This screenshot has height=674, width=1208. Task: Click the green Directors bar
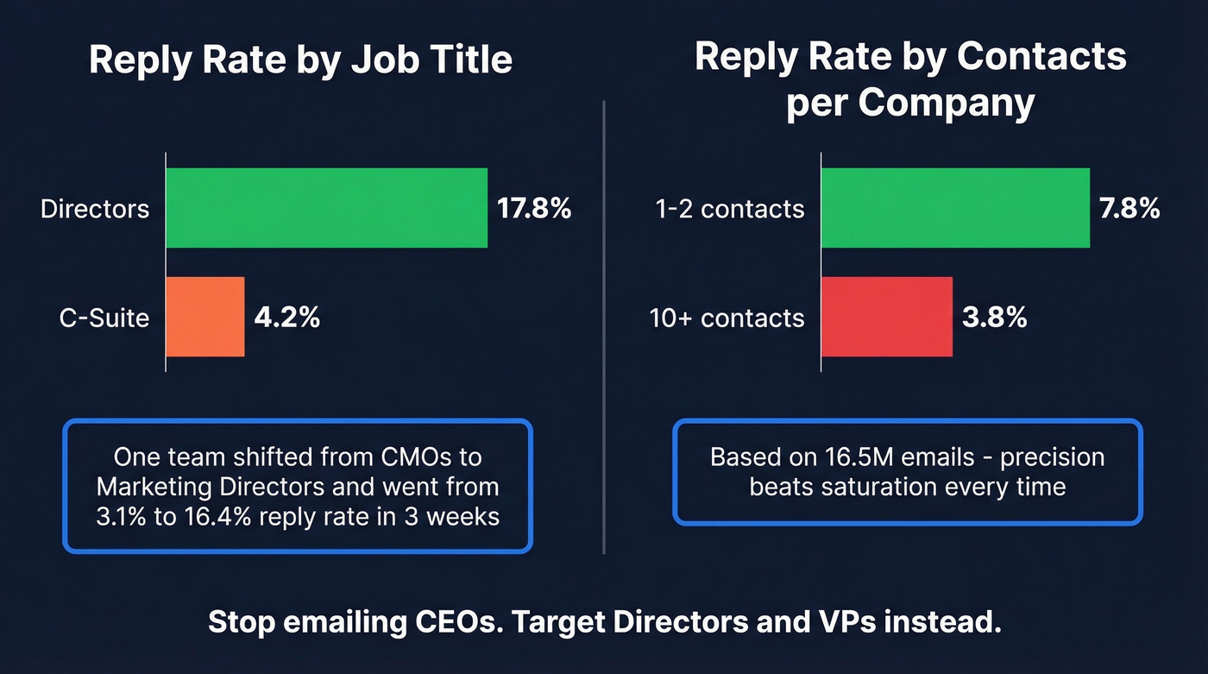pos(326,208)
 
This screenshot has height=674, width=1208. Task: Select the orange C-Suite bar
pos(205,317)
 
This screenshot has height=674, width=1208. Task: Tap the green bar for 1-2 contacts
pos(955,208)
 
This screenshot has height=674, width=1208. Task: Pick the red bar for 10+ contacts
pos(886,317)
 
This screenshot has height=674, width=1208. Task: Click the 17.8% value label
pos(533,209)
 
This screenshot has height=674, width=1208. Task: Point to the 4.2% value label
pos(287,318)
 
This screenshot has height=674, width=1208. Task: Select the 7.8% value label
pos(1129,209)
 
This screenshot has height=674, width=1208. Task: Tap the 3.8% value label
pos(994,318)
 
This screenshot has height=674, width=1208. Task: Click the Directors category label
pos(95,209)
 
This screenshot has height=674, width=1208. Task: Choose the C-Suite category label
pos(104,318)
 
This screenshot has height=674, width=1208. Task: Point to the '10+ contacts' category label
pos(727,318)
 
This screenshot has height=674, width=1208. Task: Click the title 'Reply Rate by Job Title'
pos(300,60)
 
